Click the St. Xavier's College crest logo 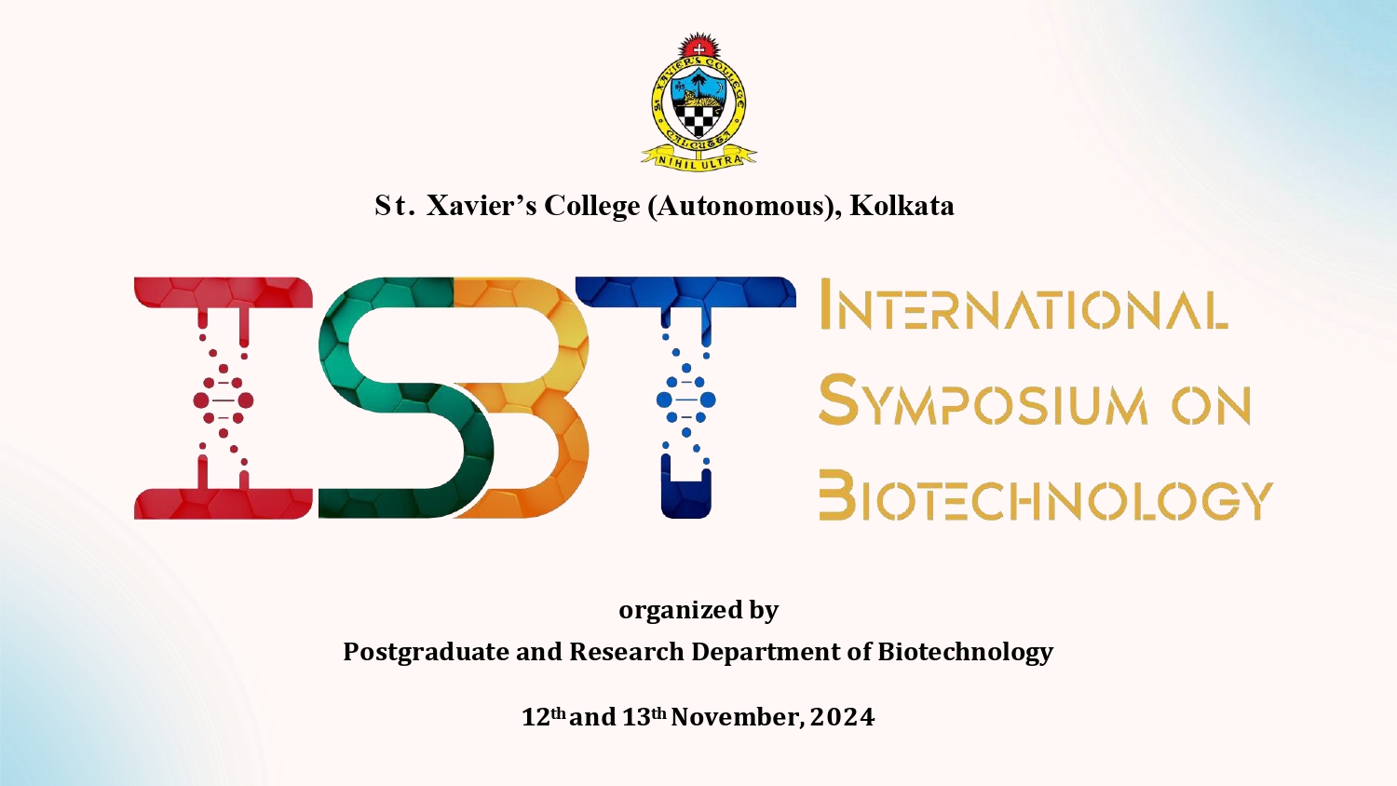tap(698, 100)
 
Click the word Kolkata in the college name tap(902, 206)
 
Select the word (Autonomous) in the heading tap(739, 207)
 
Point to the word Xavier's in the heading tap(481, 206)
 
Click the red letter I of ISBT tap(224, 398)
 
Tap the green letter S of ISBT tap(405, 398)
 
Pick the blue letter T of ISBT tap(686, 398)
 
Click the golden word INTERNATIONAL tap(1024, 304)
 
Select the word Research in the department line tap(627, 653)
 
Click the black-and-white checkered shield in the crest tap(698, 118)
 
